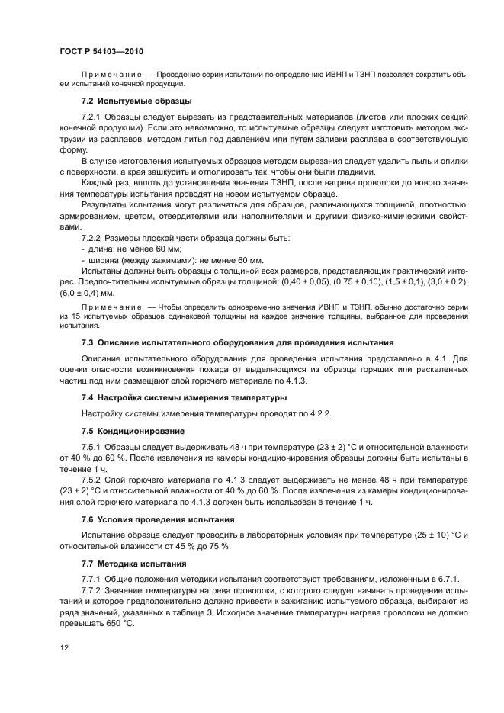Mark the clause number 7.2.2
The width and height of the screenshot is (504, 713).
(93, 238)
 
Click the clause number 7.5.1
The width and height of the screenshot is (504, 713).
(93, 446)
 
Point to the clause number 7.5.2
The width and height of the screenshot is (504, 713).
(93, 480)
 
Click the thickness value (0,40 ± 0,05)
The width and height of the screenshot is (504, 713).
(304, 281)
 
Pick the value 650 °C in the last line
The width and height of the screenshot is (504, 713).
(113, 623)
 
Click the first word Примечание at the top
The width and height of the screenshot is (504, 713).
(111, 74)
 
